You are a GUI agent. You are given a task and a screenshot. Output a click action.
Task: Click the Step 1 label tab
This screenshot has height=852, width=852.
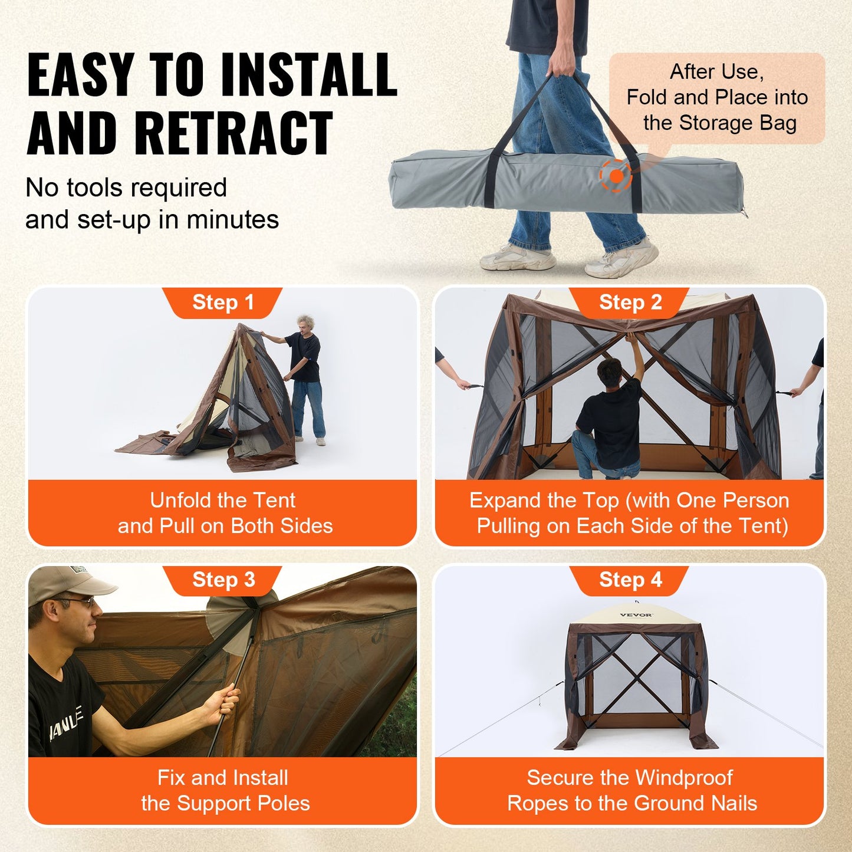[x=223, y=302]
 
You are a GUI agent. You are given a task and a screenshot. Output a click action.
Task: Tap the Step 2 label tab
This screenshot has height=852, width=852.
[x=630, y=302]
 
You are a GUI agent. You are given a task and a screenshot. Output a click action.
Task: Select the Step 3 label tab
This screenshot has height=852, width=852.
[x=223, y=580]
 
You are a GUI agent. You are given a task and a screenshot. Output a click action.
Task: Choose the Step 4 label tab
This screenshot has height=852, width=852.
[x=630, y=580]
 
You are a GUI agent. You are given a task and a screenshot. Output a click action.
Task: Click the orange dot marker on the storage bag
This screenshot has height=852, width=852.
[x=616, y=176]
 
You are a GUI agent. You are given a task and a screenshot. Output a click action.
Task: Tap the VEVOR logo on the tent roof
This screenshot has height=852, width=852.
[x=636, y=615]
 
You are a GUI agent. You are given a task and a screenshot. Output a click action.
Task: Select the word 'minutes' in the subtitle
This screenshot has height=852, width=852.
[x=232, y=220]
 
